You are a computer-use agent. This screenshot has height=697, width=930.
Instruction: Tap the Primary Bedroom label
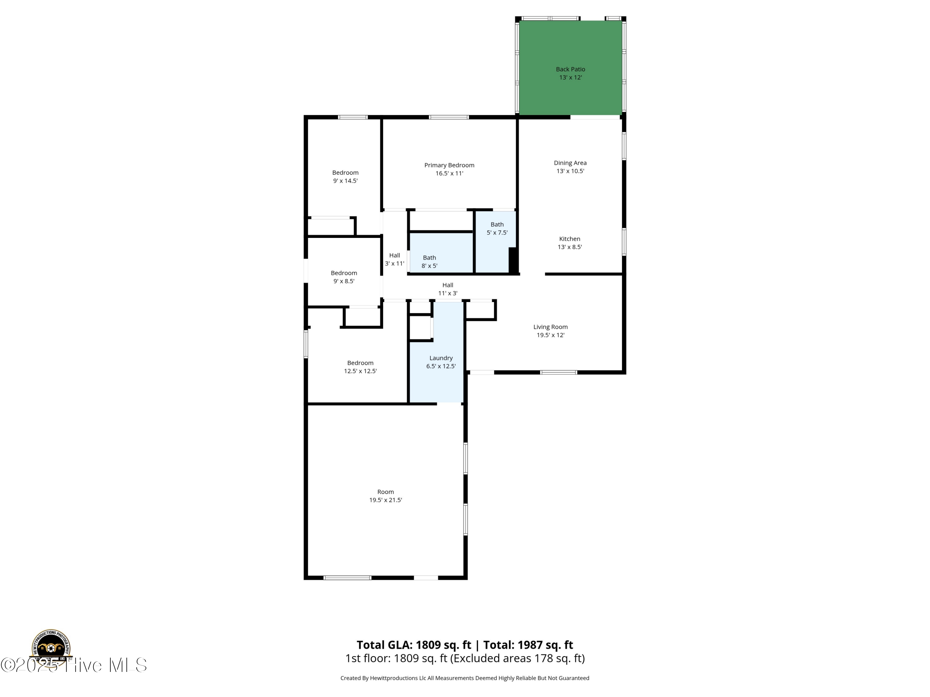tap(449, 165)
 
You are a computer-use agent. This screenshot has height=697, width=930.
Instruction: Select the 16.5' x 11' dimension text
tap(449, 173)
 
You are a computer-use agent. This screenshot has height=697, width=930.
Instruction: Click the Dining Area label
tap(570, 163)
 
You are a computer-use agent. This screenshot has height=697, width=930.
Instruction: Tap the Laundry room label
tap(441, 358)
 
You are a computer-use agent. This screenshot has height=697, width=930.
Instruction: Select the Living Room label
tap(550, 327)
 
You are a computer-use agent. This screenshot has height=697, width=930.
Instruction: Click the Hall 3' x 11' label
tap(394, 259)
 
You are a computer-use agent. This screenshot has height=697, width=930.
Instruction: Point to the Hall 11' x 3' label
tap(447, 289)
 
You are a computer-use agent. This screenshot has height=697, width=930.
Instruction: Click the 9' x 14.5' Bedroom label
tap(345, 177)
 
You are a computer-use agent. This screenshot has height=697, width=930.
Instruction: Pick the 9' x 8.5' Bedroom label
tap(343, 277)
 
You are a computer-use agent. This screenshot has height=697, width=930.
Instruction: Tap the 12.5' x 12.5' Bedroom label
tap(360, 367)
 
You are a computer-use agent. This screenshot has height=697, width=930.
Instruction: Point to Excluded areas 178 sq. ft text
tap(517, 658)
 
